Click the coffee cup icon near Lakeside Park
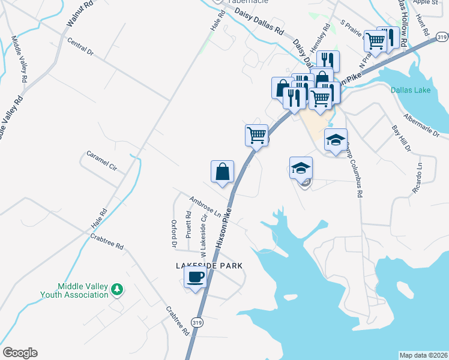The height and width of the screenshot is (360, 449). (x=195, y=278)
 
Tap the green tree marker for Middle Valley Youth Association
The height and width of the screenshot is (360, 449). (x=117, y=290)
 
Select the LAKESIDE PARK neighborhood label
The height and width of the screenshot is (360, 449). (x=209, y=265)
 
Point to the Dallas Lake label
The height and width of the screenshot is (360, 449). (x=410, y=91)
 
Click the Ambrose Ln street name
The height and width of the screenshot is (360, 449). (x=205, y=206)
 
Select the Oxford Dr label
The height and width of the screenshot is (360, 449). (x=175, y=234)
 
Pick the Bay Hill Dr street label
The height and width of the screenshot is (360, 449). (x=400, y=138)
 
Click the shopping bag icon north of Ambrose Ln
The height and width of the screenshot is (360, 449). (x=222, y=172)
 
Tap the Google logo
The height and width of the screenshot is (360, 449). (x=20, y=353)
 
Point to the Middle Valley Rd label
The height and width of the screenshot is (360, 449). (x=19, y=59)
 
